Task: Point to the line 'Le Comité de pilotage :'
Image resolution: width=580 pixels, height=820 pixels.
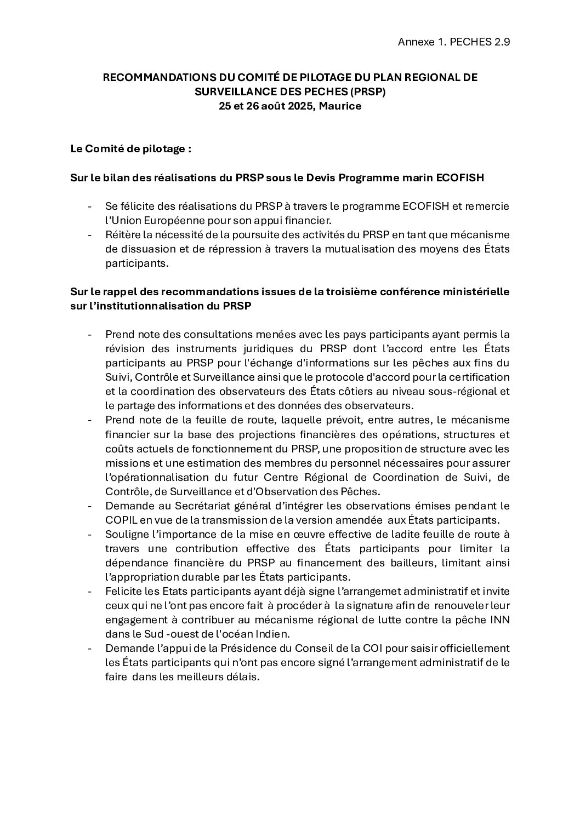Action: (130, 149)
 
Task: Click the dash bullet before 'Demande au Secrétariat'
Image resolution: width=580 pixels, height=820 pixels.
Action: (89, 505)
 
